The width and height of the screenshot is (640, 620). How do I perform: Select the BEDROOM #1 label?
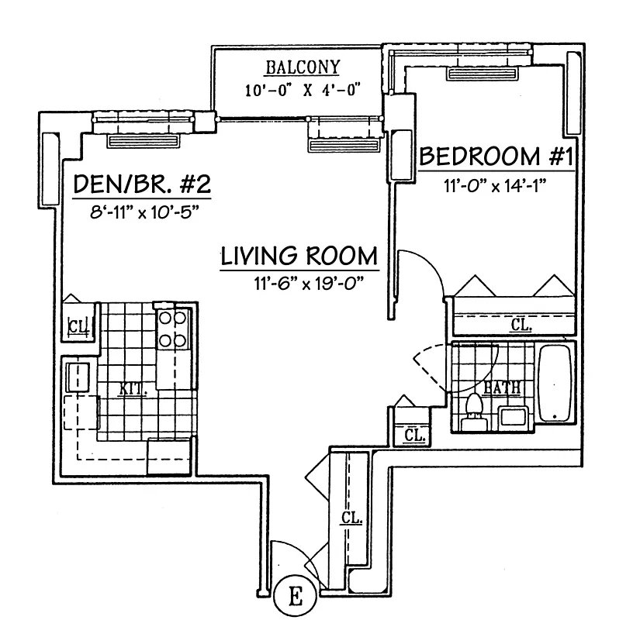(496, 157)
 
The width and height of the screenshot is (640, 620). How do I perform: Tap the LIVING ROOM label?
(299, 257)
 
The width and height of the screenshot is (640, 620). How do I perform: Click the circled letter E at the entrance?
(295, 597)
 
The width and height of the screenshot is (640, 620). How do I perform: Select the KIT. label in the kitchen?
(130, 389)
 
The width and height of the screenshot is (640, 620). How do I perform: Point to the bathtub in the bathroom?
(554, 384)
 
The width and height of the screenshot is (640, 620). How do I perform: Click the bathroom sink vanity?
(514, 416)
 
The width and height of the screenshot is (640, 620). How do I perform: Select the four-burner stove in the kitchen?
(173, 329)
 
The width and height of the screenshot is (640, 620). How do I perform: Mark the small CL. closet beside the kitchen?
(76, 325)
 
